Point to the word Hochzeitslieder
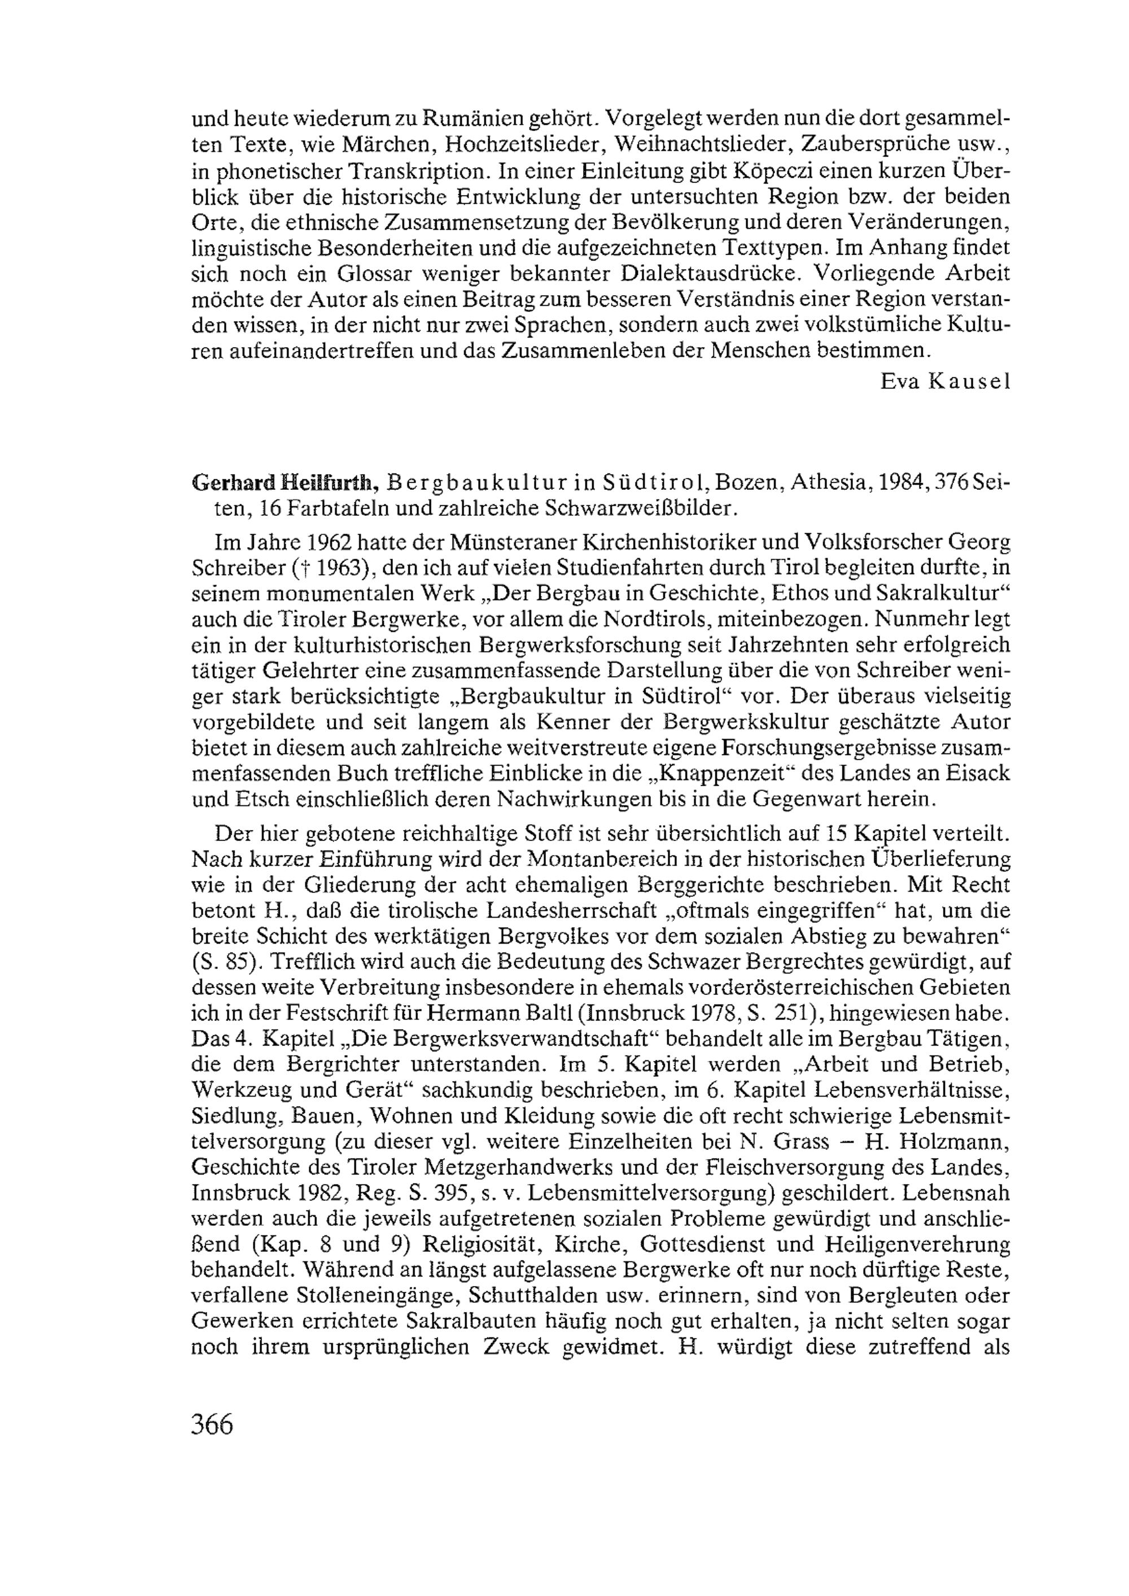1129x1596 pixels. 531,144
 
